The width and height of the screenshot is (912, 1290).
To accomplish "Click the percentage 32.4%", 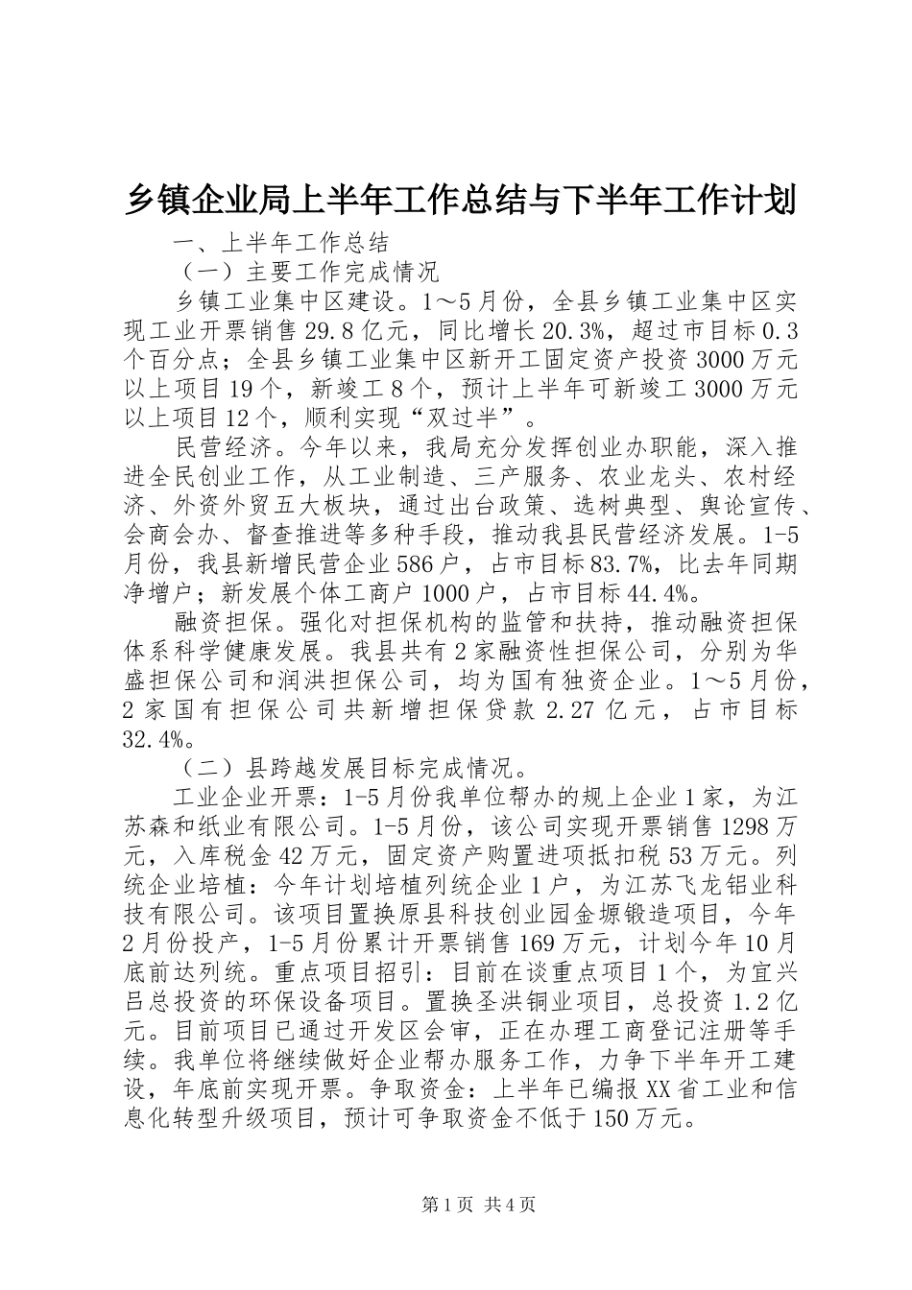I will tap(155, 738).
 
